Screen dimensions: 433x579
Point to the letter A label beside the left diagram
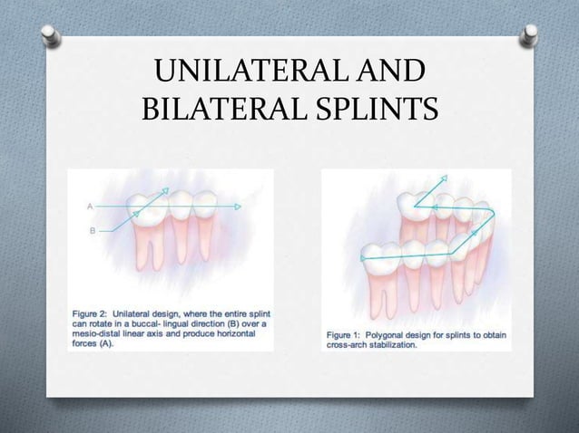[90, 207]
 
